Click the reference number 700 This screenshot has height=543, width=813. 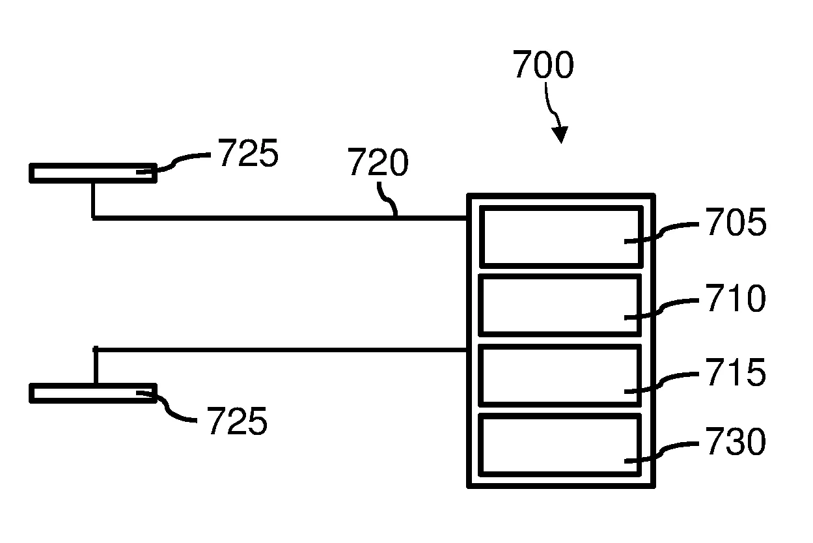pyautogui.click(x=543, y=65)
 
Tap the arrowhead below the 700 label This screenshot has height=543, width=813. pyautogui.click(x=559, y=135)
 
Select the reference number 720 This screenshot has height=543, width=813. pyautogui.click(x=378, y=163)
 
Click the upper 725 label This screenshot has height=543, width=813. pyautogui.click(x=247, y=154)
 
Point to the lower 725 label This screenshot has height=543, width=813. pyautogui.click(x=237, y=421)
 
